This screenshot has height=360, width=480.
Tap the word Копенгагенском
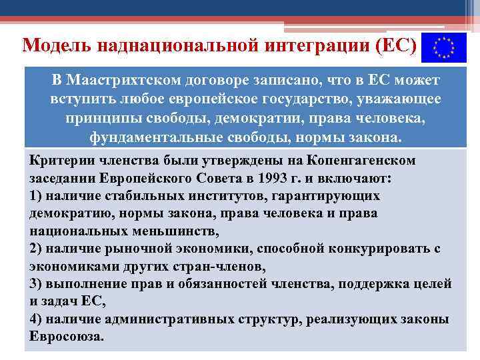[x=361, y=161]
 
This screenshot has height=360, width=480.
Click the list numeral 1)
[x=37, y=196]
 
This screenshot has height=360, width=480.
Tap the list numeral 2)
[x=37, y=249]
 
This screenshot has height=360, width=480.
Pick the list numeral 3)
[x=37, y=284]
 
